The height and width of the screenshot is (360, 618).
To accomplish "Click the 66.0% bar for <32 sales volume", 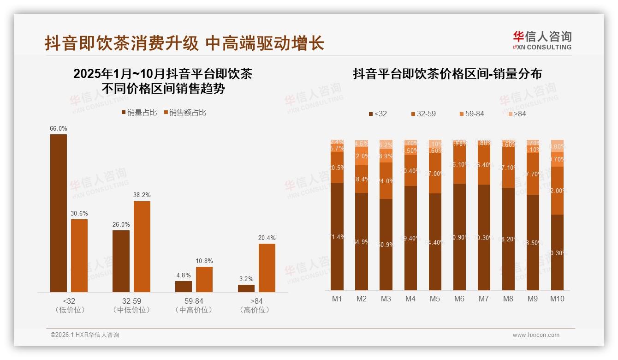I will point(59,213).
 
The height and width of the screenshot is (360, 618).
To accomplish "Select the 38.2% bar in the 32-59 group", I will point(142,246).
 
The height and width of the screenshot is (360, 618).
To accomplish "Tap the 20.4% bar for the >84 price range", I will point(267,268).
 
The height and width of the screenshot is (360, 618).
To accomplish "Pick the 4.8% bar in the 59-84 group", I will point(184,287).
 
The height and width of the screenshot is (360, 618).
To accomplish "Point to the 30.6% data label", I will point(79,214).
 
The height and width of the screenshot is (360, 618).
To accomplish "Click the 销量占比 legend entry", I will point(139,112).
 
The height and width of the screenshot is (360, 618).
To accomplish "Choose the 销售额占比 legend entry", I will point(185,112).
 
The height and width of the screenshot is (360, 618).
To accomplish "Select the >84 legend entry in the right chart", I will point(517,114).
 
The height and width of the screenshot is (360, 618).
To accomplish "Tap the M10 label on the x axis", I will point(557,299).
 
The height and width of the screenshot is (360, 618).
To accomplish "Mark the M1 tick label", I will point(337,299).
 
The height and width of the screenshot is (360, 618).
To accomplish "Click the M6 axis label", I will point(459,299).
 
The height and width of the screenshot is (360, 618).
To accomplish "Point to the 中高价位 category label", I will point(194,310).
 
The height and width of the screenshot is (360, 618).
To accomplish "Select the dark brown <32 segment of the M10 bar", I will point(557,252).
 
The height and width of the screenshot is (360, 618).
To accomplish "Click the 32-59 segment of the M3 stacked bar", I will point(386,180).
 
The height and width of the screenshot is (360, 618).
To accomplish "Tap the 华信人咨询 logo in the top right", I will point(542,40).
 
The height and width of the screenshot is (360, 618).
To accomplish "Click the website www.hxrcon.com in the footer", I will point(536,335).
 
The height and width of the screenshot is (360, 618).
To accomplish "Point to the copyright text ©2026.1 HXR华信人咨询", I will point(85,335).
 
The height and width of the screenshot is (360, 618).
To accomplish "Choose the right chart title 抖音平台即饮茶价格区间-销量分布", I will point(447,74).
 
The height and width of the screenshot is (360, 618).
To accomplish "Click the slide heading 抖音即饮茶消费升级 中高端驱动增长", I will point(184,43).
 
